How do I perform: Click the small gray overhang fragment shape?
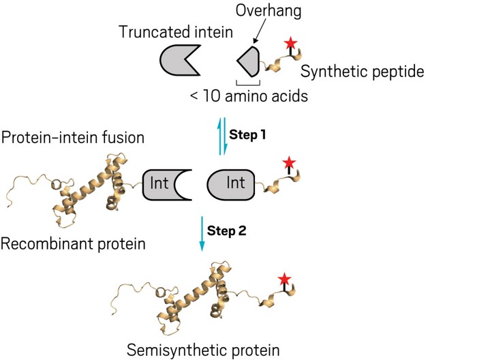pos(248,61)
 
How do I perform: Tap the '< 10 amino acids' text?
pos(249,96)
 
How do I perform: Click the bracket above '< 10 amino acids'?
pos(248,82)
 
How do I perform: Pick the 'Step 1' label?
pos(247,134)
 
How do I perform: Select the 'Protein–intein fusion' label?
pos(73,138)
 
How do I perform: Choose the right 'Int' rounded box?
pos(232,185)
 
